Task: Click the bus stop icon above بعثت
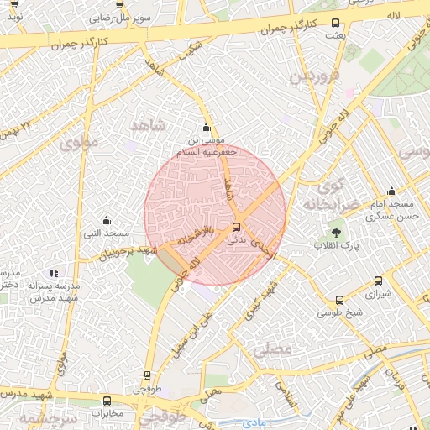click(x=336, y=24)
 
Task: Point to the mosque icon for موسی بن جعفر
click(x=207, y=127)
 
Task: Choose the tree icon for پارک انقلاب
click(x=336, y=232)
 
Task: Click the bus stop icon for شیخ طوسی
click(x=339, y=300)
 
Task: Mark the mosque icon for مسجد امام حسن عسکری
click(x=391, y=191)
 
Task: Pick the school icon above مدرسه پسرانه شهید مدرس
click(x=55, y=273)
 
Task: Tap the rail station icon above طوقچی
click(x=148, y=375)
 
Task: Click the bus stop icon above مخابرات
click(x=107, y=401)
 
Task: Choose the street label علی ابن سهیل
click(x=193, y=333)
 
